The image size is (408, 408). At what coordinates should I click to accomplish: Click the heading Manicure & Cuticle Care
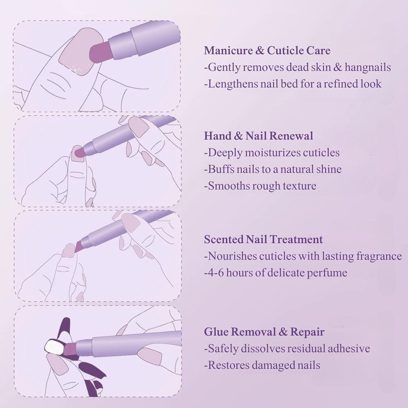267,50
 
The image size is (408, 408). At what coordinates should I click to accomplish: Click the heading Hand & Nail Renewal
258,136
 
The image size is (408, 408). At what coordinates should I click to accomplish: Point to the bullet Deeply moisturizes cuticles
271,152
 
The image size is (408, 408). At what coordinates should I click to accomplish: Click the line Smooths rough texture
260,186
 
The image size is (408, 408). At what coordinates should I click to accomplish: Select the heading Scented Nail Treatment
263,239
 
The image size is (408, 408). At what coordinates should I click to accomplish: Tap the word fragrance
376,256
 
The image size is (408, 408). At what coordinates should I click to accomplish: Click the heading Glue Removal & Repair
264,332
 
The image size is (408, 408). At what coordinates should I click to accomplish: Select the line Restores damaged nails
262,365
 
